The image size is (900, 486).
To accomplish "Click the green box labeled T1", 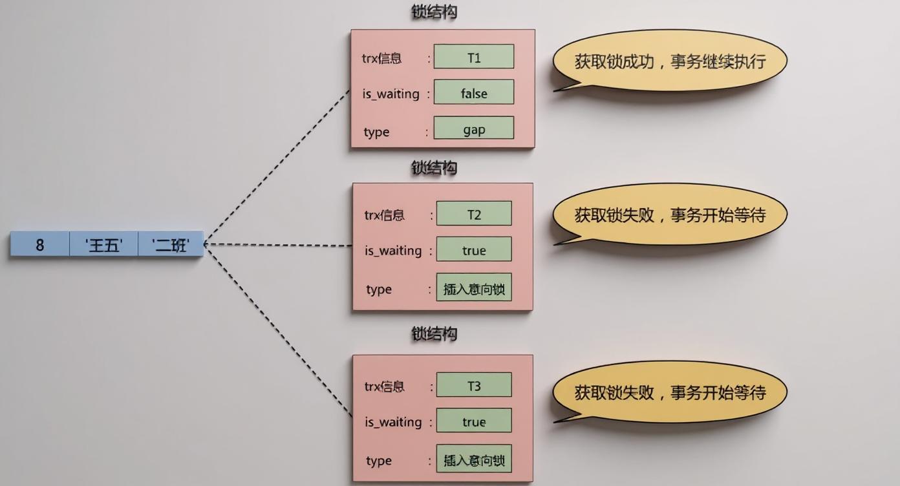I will click(474, 57).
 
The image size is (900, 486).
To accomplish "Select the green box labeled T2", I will click(474, 214).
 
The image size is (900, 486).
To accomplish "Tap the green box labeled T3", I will click(474, 385).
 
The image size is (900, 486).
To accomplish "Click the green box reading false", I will click(474, 92).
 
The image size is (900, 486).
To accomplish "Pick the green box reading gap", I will click(474, 129).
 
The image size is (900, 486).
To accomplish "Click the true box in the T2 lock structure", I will click(474, 249).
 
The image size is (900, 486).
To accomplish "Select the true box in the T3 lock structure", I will click(474, 421).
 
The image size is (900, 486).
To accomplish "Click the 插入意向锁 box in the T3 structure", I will click(474, 460).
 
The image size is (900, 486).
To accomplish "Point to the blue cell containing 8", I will click(39, 244).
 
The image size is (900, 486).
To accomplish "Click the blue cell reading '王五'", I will click(103, 244).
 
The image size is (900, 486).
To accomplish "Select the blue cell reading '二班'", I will click(171, 244).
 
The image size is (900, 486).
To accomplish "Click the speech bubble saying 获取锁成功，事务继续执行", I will click(670, 61).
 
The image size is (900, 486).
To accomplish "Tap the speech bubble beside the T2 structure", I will click(670, 214).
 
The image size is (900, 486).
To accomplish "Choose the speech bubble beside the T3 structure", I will click(670, 392).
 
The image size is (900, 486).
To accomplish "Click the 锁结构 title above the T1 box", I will click(434, 12).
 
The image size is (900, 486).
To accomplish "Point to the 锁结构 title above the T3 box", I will click(434, 333).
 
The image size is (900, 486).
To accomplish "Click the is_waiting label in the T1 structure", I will click(391, 94).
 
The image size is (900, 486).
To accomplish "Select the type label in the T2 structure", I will click(379, 289).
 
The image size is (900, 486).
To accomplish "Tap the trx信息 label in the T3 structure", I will click(385, 386).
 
